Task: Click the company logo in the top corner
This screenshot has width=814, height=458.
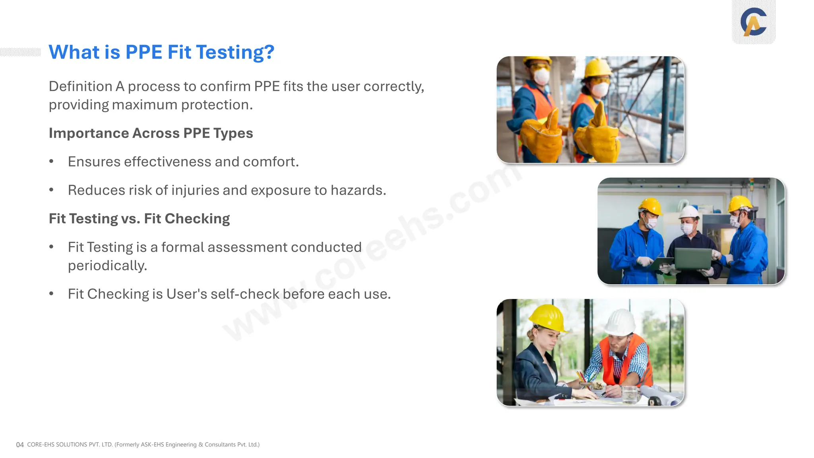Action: tap(754, 22)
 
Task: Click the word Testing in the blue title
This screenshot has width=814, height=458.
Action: tap(235, 52)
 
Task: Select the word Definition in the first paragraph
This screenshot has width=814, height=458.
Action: tap(81, 86)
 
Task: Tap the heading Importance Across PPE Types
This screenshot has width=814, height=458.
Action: tap(151, 133)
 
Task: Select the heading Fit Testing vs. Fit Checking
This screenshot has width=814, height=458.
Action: tap(139, 219)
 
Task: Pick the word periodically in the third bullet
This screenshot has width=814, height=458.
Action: tap(107, 266)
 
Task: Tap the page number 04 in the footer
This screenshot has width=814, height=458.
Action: tap(20, 444)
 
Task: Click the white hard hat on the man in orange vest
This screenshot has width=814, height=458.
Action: tap(620, 321)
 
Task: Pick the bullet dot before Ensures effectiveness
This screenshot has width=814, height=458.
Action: tap(51, 161)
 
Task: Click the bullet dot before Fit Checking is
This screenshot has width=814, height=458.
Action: tap(51, 294)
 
